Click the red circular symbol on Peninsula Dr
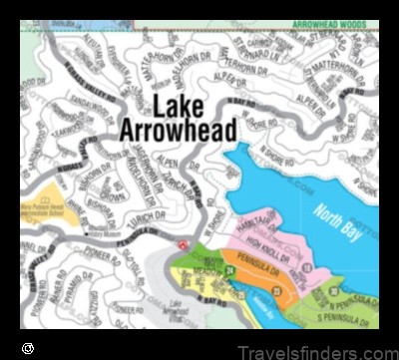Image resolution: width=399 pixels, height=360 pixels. click(x=181, y=244)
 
